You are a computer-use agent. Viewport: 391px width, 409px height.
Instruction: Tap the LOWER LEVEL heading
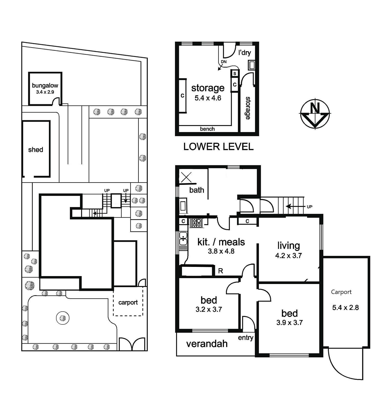tap(218, 147)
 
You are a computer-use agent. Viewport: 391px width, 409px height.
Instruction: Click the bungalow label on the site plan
tap(45, 85)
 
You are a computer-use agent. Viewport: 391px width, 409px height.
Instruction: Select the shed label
tap(36, 150)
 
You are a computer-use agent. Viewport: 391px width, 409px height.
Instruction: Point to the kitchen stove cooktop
tap(196, 222)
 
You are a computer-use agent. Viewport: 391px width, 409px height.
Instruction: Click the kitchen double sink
tap(183, 238)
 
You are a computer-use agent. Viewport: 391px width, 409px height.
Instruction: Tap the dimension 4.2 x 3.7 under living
tap(288, 255)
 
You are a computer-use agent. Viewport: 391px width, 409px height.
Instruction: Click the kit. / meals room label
tap(221, 242)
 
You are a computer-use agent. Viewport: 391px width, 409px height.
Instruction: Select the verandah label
tap(207, 344)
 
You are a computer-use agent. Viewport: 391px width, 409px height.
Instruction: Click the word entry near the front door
tap(245, 338)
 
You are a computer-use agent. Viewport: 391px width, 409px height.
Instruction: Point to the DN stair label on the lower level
tap(224, 62)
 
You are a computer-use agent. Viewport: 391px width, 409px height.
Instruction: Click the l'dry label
tap(245, 53)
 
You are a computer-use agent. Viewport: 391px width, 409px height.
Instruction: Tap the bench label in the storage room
tap(207, 129)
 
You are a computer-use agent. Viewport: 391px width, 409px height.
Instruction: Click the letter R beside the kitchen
tap(221, 271)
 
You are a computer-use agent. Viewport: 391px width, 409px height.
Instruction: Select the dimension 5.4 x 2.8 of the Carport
tap(345, 308)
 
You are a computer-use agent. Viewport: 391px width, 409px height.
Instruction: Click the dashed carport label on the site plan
tap(128, 302)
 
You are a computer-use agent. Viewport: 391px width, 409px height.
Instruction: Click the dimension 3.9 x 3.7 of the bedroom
tap(289, 323)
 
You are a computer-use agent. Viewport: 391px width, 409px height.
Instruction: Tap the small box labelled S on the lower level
tap(235, 73)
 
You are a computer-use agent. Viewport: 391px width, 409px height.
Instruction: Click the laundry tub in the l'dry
tap(251, 65)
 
